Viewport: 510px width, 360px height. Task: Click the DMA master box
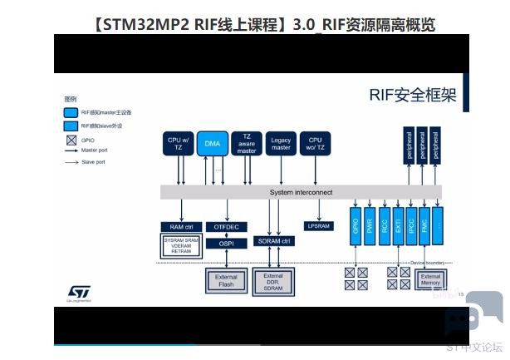(212, 144)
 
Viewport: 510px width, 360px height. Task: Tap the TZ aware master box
(247, 144)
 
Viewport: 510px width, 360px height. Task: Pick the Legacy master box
(281, 144)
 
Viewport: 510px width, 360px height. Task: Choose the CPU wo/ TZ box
(315, 144)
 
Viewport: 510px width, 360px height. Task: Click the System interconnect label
(301, 192)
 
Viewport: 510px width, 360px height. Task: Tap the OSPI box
(226, 244)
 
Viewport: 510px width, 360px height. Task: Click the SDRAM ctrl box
(275, 241)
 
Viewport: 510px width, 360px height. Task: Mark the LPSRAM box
(319, 226)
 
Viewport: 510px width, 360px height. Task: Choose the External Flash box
(226, 280)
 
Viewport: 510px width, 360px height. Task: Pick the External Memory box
(430, 280)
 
